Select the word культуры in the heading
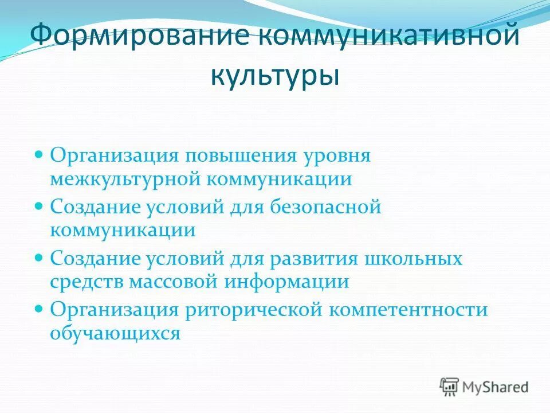pyautogui.click(x=274, y=75)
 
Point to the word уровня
pyautogui.click(x=338, y=157)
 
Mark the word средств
pyautogui.click(x=87, y=282)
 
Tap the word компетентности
pyautogui.click(x=408, y=310)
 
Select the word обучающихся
pyautogui.click(x=115, y=333)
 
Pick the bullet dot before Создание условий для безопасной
pyautogui.click(x=40, y=205)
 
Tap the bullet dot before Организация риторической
pyautogui.click(x=40, y=308)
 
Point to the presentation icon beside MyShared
pyautogui.click(x=449, y=387)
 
